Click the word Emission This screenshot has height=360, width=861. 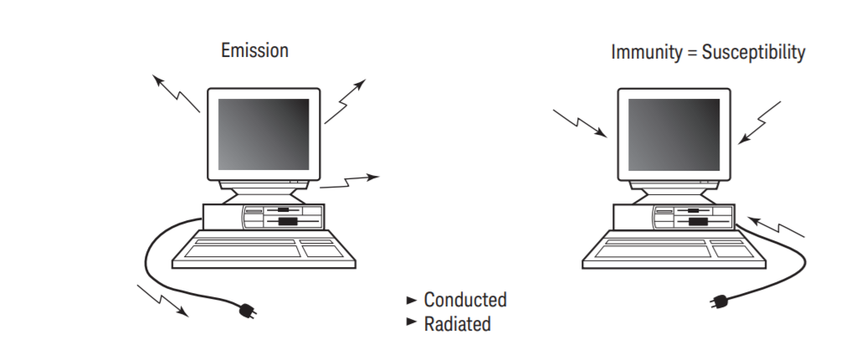(x=254, y=50)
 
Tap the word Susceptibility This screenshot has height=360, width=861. (x=753, y=53)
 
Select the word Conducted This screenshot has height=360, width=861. (x=465, y=300)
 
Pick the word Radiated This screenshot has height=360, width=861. (x=457, y=323)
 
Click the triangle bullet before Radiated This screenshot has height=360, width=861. (x=411, y=322)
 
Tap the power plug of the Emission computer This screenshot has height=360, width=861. (x=249, y=311)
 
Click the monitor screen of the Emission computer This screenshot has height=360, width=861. (x=263, y=134)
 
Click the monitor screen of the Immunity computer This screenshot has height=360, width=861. (x=673, y=135)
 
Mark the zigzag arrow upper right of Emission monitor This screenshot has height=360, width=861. (x=346, y=102)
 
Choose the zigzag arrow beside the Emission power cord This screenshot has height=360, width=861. (x=162, y=301)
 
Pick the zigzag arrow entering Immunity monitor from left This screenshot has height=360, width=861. (x=580, y=122)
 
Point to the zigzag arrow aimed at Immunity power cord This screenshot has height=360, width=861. (x=776, y=226)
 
